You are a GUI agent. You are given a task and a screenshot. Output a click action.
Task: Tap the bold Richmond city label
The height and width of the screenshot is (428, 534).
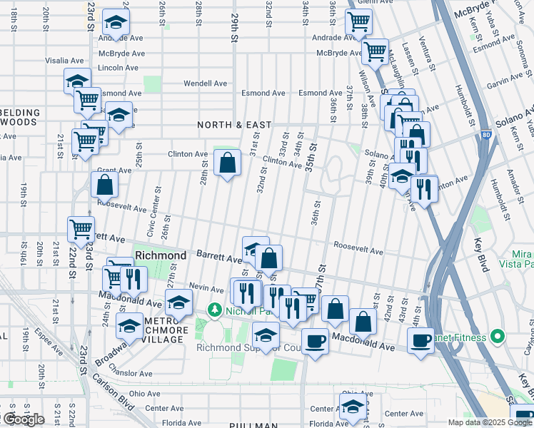(161, 255)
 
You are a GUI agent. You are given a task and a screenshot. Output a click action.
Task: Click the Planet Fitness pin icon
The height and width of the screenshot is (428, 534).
(498, 336)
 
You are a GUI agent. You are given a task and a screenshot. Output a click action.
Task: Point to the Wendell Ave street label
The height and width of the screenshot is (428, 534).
(205, 83)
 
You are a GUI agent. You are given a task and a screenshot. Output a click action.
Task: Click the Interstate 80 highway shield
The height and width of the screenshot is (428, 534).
(485, 133)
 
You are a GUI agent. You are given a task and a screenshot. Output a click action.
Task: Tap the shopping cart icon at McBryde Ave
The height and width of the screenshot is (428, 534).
(375, 51)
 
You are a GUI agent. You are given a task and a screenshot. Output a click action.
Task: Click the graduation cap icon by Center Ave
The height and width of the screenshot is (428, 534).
(351, 407)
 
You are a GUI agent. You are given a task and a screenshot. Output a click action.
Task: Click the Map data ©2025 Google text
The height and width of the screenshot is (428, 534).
(488, 422)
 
